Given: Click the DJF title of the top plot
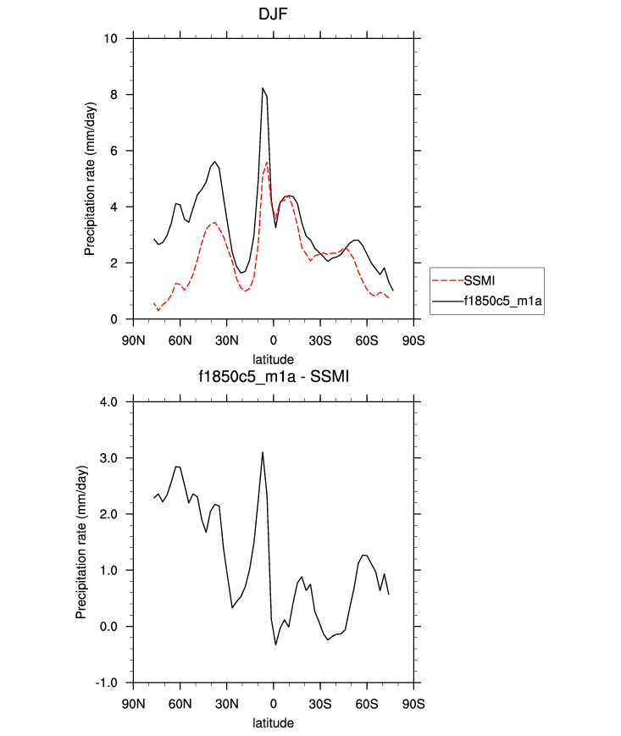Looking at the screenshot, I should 273,15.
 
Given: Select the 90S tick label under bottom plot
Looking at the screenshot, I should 413,703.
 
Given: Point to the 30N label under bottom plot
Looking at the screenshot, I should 226,703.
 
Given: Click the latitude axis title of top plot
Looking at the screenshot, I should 273,359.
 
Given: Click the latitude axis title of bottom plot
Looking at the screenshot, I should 273,723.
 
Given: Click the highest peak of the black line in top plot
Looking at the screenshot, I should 263,88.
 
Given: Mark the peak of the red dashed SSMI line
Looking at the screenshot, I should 267,162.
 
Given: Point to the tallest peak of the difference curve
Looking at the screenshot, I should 263,452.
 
